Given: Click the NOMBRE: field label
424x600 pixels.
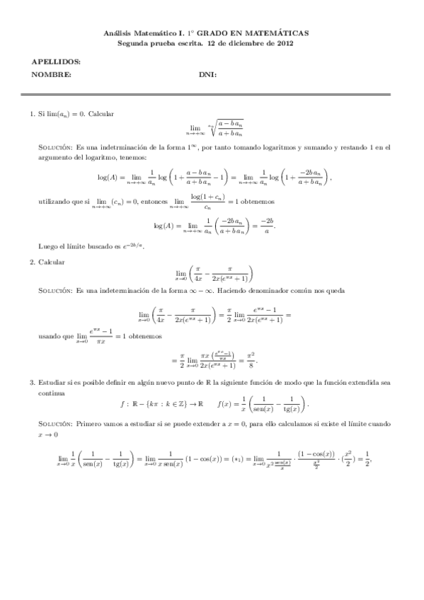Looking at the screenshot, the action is point(52,75).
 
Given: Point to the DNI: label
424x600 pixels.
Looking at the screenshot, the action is point(207,75).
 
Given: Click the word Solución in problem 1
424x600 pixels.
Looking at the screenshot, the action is point(54,148).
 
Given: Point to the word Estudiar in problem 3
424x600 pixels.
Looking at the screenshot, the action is point(50,383).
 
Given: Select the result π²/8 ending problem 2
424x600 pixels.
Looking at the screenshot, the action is point(248,360).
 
